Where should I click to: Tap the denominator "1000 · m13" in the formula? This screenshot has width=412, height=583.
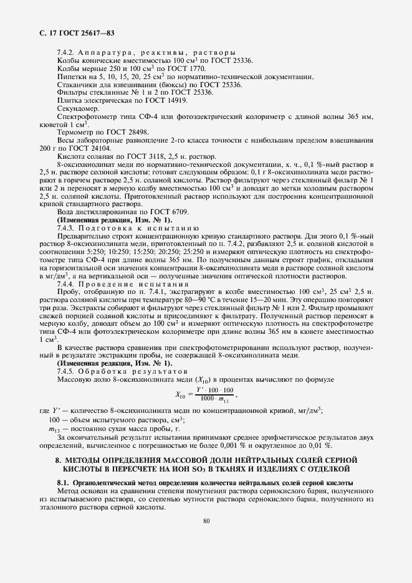pos(214,397)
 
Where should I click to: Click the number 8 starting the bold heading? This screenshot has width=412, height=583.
pos(57,460)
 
